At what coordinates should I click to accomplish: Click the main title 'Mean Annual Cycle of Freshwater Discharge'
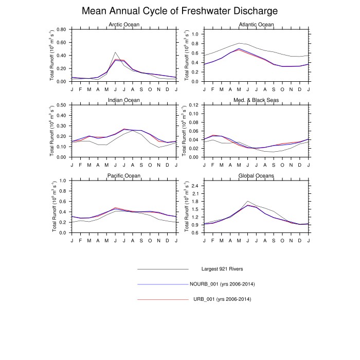(x=180, y=11)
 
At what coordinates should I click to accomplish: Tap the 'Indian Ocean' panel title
(x=123, y=100)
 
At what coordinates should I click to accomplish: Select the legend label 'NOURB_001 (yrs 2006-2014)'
(x=223, y=284)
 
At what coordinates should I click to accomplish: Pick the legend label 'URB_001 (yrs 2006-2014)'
(x=223, y=299)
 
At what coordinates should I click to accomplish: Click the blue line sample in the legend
(x=163, y=284)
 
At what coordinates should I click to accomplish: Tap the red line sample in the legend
(x=163, y=299)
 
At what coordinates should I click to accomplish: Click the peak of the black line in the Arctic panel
(x=116, y=52)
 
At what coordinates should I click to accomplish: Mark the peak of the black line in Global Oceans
(x=248, y=201)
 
